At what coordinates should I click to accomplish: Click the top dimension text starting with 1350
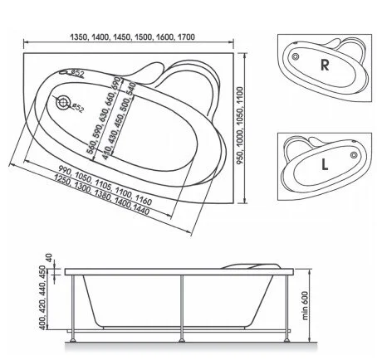(132, 37)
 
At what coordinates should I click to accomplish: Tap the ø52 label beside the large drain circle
(76, 108)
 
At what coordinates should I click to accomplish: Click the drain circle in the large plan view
(63, 103)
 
